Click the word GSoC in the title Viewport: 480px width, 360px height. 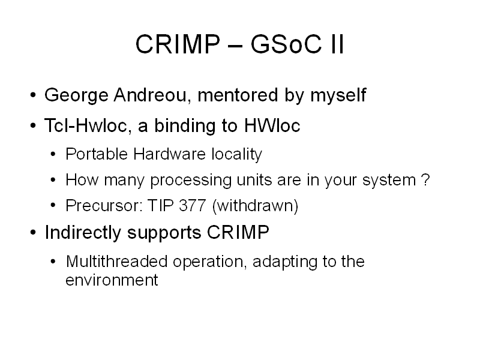click(x=286, y=44)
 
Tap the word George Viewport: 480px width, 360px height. click(x=76, y=95)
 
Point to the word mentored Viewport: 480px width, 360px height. click(x=238, y=95)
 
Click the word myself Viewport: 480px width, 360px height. click(x=338, y=95)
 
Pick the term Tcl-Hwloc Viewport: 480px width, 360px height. click(x=88, y=125)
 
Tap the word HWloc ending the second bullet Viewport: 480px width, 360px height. click(x=272, y=125)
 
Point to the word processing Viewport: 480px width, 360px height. click(x=191, y=181)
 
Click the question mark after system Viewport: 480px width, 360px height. click(x=425, y=179)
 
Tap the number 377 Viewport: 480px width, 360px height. click(x=193, y=205)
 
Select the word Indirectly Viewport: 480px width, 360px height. click(x=83, y=233)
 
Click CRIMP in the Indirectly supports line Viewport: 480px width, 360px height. click(x=238, y=232)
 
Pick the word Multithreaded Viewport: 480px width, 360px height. click(x=116, y=262)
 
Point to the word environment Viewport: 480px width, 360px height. click(x=112, y=280)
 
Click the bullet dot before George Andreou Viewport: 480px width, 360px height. click(x=34, y=95)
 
